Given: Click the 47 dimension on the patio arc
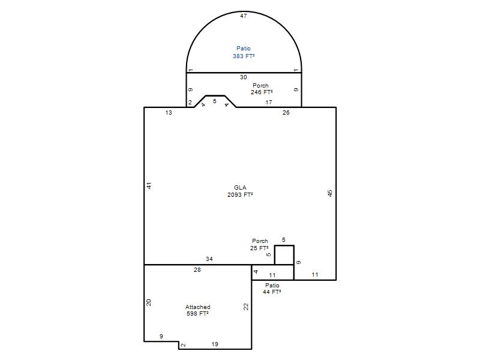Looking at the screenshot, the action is [x=244, y=16].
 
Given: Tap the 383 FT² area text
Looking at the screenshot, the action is [x=244, y=56].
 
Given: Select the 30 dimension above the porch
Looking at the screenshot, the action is [x=244, y=77].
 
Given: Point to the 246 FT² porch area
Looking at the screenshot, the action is [x=262, y=92].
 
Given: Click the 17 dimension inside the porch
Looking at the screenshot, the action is [x=269, y=102].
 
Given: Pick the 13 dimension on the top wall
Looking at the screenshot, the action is [x=169, y=113].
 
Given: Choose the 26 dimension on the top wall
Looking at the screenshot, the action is [x=286, y=113].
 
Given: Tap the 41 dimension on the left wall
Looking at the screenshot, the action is [x=149, y=185].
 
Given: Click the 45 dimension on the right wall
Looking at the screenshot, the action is [x=329, y=193].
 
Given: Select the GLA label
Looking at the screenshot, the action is [x=241, y=187].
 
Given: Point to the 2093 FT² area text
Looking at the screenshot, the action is [x=240, y=194].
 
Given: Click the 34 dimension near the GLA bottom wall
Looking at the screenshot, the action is [x=209, y=259].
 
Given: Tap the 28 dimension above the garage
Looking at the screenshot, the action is [x=197, y=269].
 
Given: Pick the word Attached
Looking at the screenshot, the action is [x=198, y=307].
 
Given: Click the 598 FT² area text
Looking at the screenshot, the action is [x=198, y=313].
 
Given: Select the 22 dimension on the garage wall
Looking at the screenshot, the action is [x=246, y=307].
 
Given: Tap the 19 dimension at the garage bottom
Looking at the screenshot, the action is [x=215, y=344].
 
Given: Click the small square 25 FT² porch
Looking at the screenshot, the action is [x=284, y=254].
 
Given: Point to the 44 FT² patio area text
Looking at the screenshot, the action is [x=272, y=292].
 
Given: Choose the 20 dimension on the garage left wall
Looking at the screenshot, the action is [x=149, y=302].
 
